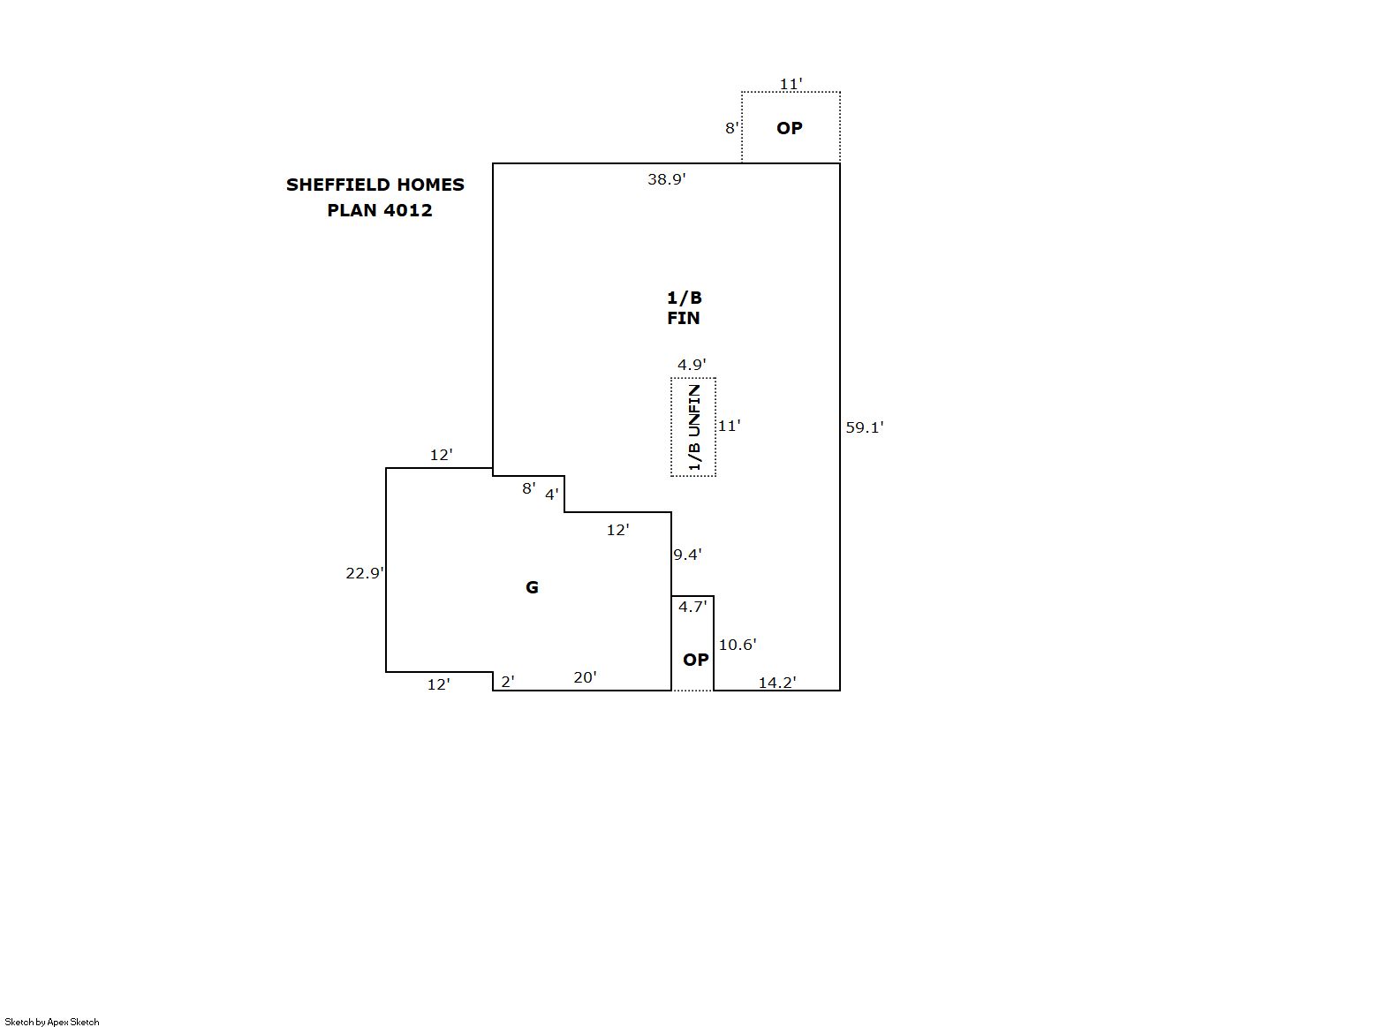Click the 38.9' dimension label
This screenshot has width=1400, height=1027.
pyautogui.click(x=666, y=179)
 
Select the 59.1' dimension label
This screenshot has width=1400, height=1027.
pyautogui.click(x=865, y=427)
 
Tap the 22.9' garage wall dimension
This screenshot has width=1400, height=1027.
pyautogui.click(x=365, y=573)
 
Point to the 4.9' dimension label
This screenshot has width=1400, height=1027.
pyautogui.click(x=692, y=364)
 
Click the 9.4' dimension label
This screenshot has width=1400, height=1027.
pyautogui.click(x=687, y=554)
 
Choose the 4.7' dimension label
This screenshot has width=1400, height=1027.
pyautogui.click(x=692, y=607)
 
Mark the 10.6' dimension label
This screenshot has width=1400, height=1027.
pyautogui.click(x=738, y=645)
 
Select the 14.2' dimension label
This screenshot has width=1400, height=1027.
pyautogui.click(x=777, y=683)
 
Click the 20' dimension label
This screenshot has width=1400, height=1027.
pyautogui.click(x=585, y=677)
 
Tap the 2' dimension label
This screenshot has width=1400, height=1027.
pyautogui.click(x=508, y=682)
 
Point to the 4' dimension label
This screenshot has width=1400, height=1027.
pyautogui.click(x=552, y=495)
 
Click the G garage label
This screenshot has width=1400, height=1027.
pyautogui.click(x=532, y=587)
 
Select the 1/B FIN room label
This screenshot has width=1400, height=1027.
pyautogui.click(x=684, y=308)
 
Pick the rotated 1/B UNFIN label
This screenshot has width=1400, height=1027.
pyautogui.click(x=693, y=427)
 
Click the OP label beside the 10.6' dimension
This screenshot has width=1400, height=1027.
pyautogui.click(x=696, y=660)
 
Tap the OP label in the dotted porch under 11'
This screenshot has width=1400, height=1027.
pyautogui.click(x=790, y=128)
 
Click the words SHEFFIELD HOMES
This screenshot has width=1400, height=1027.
pyautogui.click(x=375, y=185)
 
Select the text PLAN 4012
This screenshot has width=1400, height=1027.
pyautogui.click(x=380, y=210)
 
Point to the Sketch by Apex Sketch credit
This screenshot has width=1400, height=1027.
pyautogui.click(x=52, y=1022)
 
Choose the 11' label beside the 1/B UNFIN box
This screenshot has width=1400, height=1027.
pyautogui.click(x=729, y=426)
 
